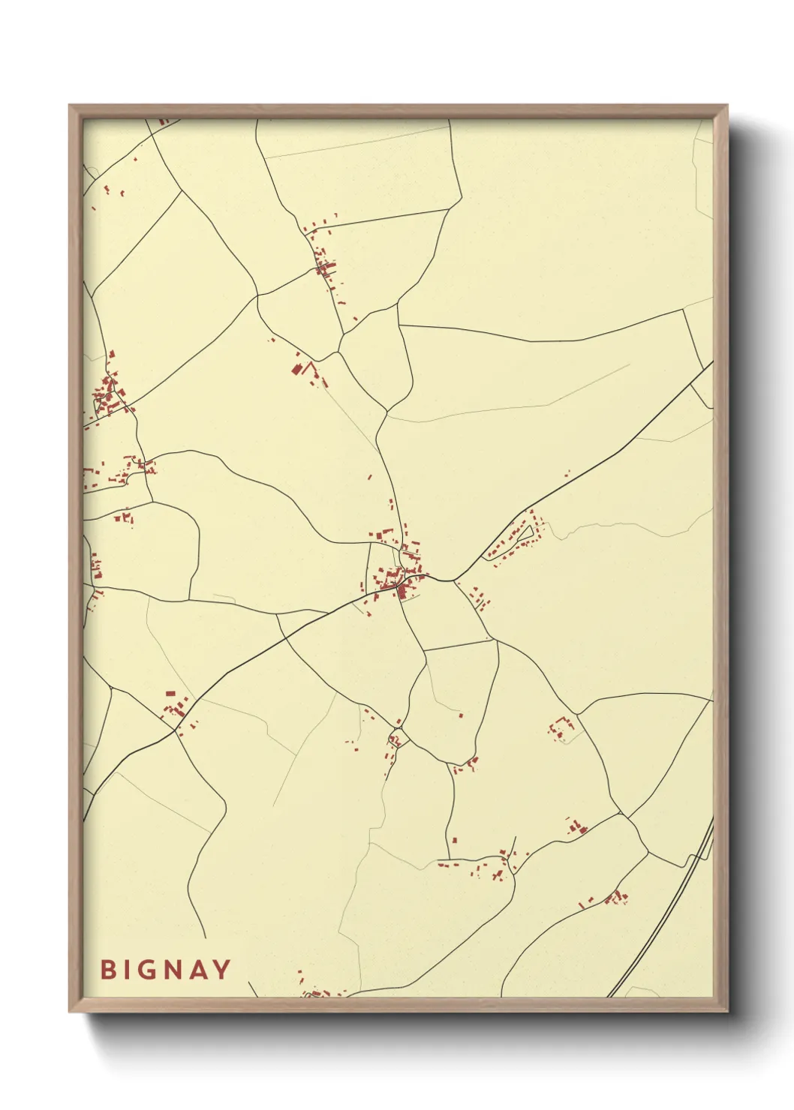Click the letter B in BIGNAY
107,969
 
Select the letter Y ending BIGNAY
221,969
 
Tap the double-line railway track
675,900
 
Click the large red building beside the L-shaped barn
296,369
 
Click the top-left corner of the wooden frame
70,106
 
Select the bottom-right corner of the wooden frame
726,1010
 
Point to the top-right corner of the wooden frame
726,106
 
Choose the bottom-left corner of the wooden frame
70,1010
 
